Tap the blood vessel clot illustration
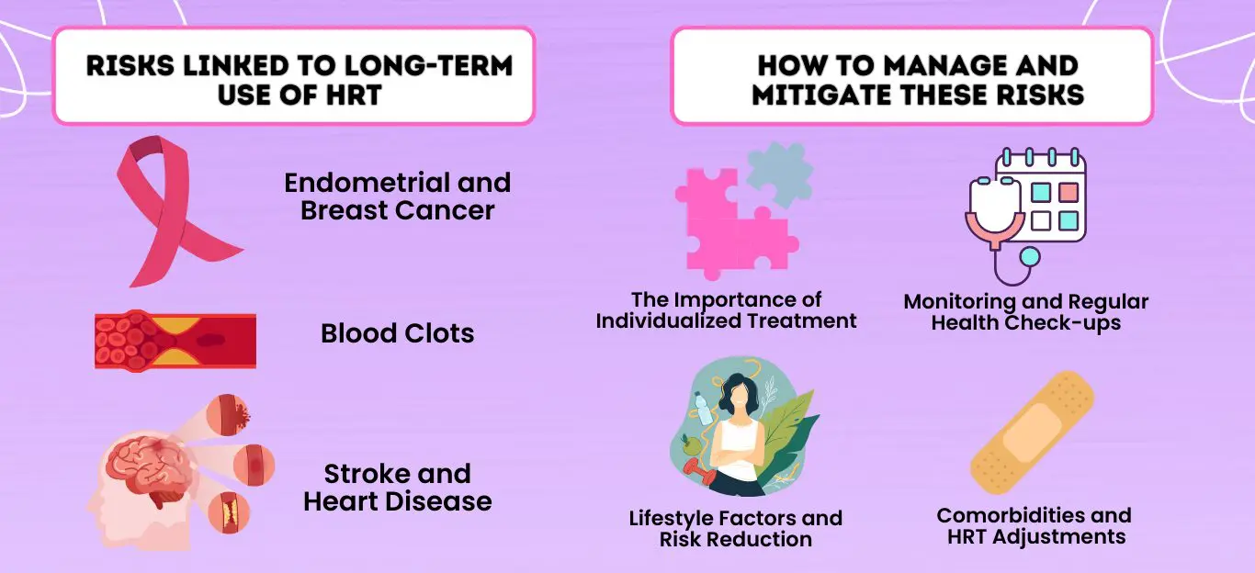click(x=175, y=340)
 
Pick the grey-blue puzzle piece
click(x=779, y=174)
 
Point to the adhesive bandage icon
click(x=1033, y=433)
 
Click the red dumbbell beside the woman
click(x=699, y=474)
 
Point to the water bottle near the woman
click(x=704, y=408)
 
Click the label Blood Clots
click(x=397, y=333)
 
